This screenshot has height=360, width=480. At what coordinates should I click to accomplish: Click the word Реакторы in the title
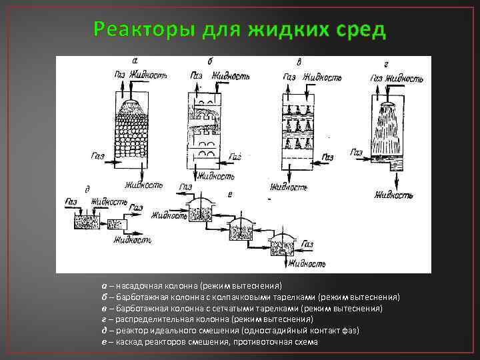tap(136, 30)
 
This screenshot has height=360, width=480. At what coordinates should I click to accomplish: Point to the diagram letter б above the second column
tap(211, 61)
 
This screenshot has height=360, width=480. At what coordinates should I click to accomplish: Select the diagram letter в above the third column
tap(299, 62)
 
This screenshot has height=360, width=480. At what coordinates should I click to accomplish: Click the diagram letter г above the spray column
tap(387, 64)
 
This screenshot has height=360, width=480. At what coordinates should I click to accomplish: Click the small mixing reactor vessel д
tap(87, 220)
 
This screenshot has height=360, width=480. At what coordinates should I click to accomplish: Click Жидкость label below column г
tap(393, 195)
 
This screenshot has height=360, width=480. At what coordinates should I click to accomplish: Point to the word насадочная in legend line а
tap(137, 286)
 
